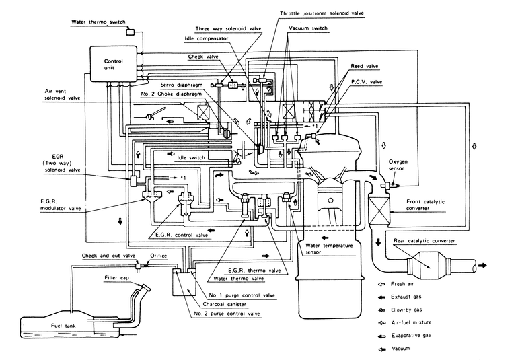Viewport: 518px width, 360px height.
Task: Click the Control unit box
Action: [112, 65]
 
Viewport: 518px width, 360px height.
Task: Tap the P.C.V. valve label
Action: [366, 81]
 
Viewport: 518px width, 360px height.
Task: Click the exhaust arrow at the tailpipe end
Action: [484, 266]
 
